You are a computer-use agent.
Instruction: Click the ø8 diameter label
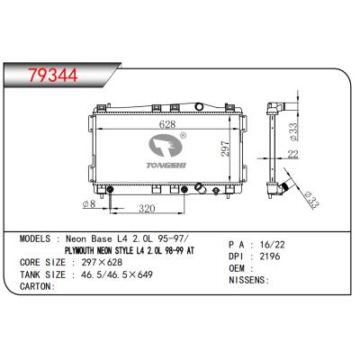[x=89, y=202]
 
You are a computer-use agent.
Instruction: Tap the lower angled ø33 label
[x=307, y=199]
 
